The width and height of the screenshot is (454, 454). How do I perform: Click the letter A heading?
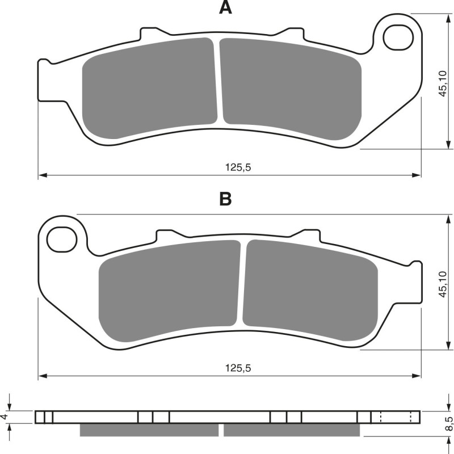[226, 8]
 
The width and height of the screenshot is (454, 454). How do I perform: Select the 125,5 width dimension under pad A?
[238, 167]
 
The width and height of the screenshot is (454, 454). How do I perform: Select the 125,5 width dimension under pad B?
[238, 368]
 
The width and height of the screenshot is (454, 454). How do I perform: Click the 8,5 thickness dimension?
[448, 423]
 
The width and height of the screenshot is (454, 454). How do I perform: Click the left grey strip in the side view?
[149, 431]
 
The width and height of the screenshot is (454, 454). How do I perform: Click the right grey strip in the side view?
[292, 431]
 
